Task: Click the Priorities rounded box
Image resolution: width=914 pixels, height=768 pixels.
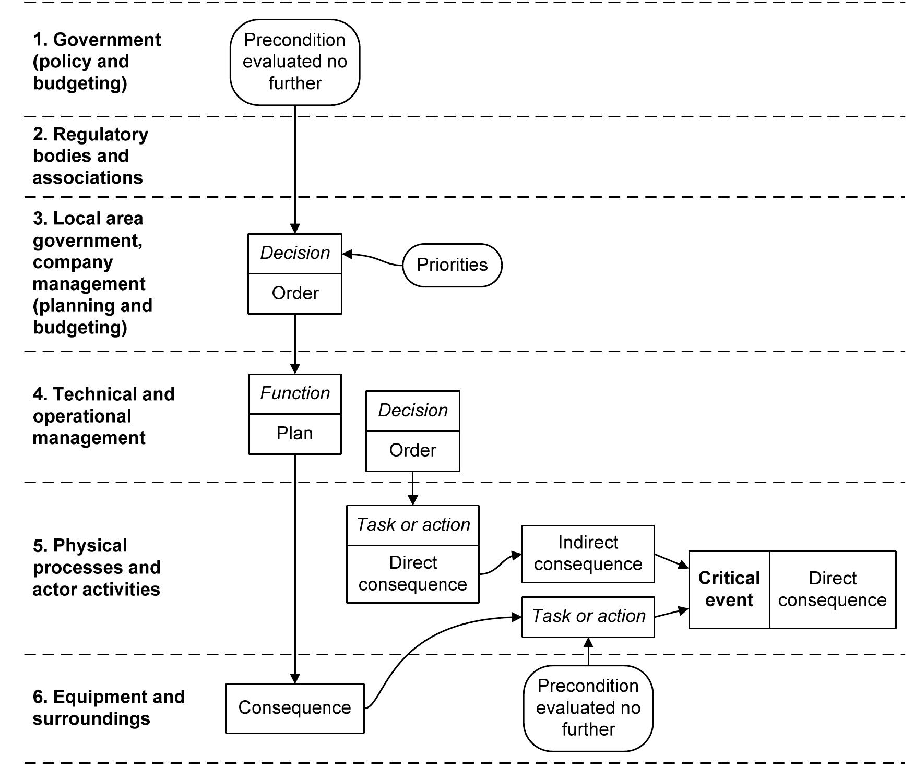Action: (x=452, y=265)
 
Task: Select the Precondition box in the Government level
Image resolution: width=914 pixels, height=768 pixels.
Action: (x=295, y=62)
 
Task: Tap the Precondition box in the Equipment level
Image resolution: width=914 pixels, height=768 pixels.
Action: (x=588, y=707)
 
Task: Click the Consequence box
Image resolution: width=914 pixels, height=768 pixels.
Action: (x=295, y=708)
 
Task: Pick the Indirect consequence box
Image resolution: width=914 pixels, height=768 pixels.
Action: (x=588, y=554)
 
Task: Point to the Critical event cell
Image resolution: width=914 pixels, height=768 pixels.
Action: (x=729, y=589)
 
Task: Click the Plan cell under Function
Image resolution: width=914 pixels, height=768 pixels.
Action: (x=295, y=434)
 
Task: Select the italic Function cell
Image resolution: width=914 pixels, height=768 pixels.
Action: (x=295, y=393)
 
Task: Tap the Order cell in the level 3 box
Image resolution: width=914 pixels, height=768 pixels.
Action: (x=295, y=293)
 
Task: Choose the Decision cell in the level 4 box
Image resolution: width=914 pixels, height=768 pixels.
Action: (x=412, y=411)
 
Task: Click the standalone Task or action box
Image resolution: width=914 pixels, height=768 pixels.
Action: (x=588, y=616)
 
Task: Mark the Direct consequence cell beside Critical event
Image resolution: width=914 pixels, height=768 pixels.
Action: (x=832, y=589)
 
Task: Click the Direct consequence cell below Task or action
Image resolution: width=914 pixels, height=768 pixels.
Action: (x=412, y=574)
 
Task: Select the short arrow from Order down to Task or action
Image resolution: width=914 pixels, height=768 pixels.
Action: (x=413, y=488)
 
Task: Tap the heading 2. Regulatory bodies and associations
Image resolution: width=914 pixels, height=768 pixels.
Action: (x=90, y=156)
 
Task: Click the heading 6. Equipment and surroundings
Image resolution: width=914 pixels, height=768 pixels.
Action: (x=108, y=707)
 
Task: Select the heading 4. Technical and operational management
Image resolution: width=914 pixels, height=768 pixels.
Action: (x=103, y=416)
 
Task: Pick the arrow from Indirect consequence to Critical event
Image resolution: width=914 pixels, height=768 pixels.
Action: (x=671, y=561)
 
